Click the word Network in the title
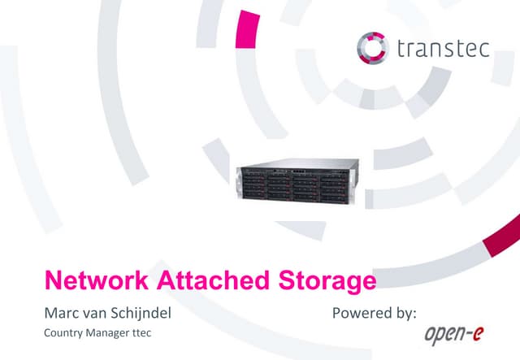coord(97,280)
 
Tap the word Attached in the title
coord(213,280)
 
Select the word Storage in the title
coord(327,282)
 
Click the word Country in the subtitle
coord(63,333)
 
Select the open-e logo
coord(454,335)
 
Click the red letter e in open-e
coord(478,333)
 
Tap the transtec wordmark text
coord(444,49)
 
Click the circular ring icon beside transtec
coord(359,48)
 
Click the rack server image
coord(297,181)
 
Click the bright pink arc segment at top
coord(247,29)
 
